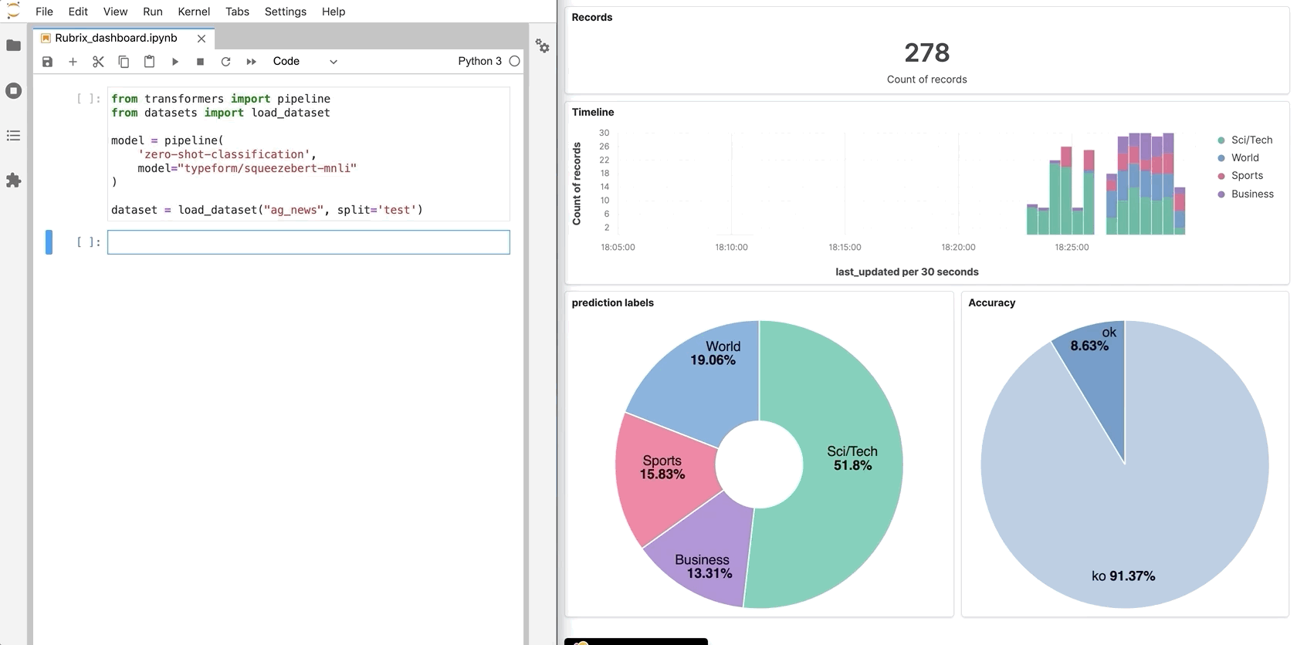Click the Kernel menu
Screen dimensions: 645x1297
coord(194,12)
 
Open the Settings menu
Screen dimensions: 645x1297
coord(285,12)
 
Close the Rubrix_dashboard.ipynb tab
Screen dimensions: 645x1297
coord(201,39)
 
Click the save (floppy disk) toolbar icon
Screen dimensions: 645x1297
coord(47,62)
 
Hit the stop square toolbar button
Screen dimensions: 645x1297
coord(200,62)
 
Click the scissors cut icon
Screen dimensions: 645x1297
coord(98,62)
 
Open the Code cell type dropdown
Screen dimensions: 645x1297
coord(305,62)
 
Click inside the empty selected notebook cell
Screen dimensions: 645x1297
coord(308,242)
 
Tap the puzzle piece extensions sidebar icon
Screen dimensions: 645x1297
coord(13,181)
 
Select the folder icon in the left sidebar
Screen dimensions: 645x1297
coord(13,46)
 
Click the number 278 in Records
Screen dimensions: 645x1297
coord(926,52)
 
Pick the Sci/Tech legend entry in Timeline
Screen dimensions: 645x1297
coord(1251,140)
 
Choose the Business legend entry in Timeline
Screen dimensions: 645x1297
coord(1251,194)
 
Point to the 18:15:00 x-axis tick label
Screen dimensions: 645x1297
coord(845,247)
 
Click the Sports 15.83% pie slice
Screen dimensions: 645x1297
coord(662,468)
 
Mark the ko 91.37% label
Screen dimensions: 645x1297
coord(1123,576)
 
